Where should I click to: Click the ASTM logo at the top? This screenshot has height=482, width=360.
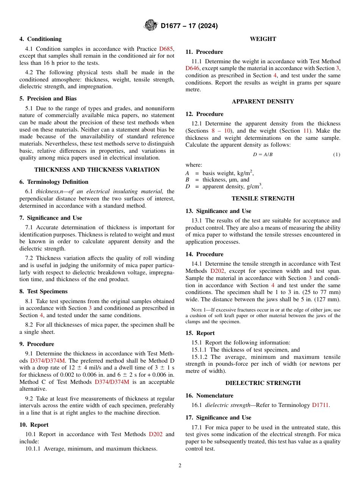click(151, 26)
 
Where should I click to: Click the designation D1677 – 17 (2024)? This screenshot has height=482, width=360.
click(189, 26)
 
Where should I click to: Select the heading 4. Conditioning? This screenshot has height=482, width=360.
click(41, 39)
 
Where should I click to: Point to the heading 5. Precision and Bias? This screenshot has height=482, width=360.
click(48, 99)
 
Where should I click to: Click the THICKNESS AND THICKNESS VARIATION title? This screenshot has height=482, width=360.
click(97, 170)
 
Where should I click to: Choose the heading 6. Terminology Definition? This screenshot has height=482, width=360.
click(54, 182)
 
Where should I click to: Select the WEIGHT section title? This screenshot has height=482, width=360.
click(263, 39)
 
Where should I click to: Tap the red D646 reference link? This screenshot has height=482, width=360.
click(193, 69)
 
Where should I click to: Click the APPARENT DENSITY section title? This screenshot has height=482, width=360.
click(263, 102)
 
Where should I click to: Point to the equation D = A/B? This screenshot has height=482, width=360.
click(263, 155)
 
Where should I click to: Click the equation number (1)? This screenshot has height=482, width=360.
click(337, 155)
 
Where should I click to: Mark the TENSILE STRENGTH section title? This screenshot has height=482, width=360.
click(263, 199)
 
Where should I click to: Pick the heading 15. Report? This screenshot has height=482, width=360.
click(200, 333)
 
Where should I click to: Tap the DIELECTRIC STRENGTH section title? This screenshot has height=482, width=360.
click(263, 383)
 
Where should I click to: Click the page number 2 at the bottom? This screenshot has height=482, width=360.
click(180, 466)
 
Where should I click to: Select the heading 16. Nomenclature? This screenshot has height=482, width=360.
click(210, 396)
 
